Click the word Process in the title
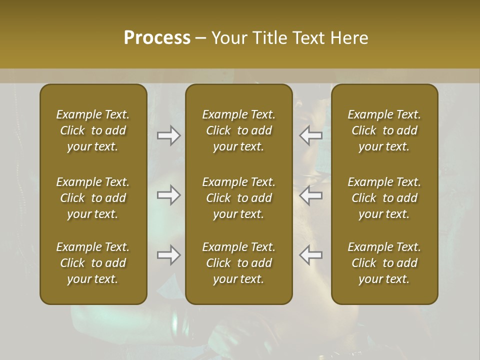click(157, 38)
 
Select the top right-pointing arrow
click(168, 135)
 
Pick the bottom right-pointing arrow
click(168, 255)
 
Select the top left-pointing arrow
click(311, 135)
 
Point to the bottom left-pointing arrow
click(311, 255)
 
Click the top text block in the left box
click(93, 130)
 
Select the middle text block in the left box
click(93, 198)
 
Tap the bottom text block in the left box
click(93, 263)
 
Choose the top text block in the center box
click(238, 130)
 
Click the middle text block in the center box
click(238, 198)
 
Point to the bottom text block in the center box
click(238, 263)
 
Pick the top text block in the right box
click(384, 130)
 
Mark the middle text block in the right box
click(384, 198)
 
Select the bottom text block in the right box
click(384, 263)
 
